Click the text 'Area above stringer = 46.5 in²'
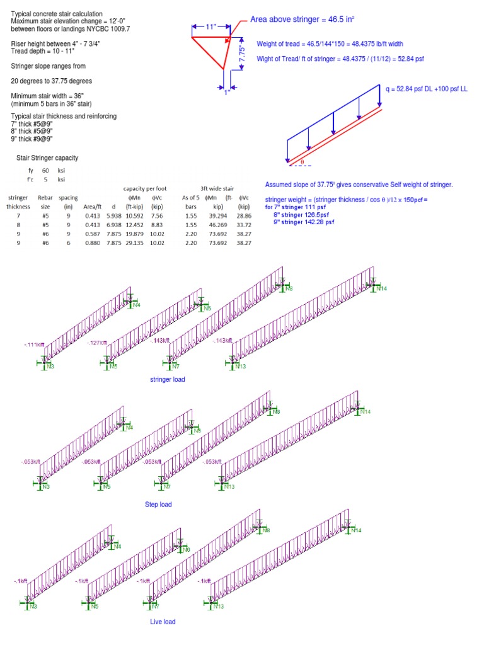coord(302,20)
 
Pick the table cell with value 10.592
coord(135,215)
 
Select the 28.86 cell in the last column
coord(243,215)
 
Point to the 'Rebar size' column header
coord(45,202)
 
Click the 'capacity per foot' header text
coord(144,188)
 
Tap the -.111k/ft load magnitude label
coord(34,345)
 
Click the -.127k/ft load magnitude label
coord(98,343)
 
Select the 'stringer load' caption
coord(168,379)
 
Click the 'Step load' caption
coord(158,505)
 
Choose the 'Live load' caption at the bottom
coord(163,622)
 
